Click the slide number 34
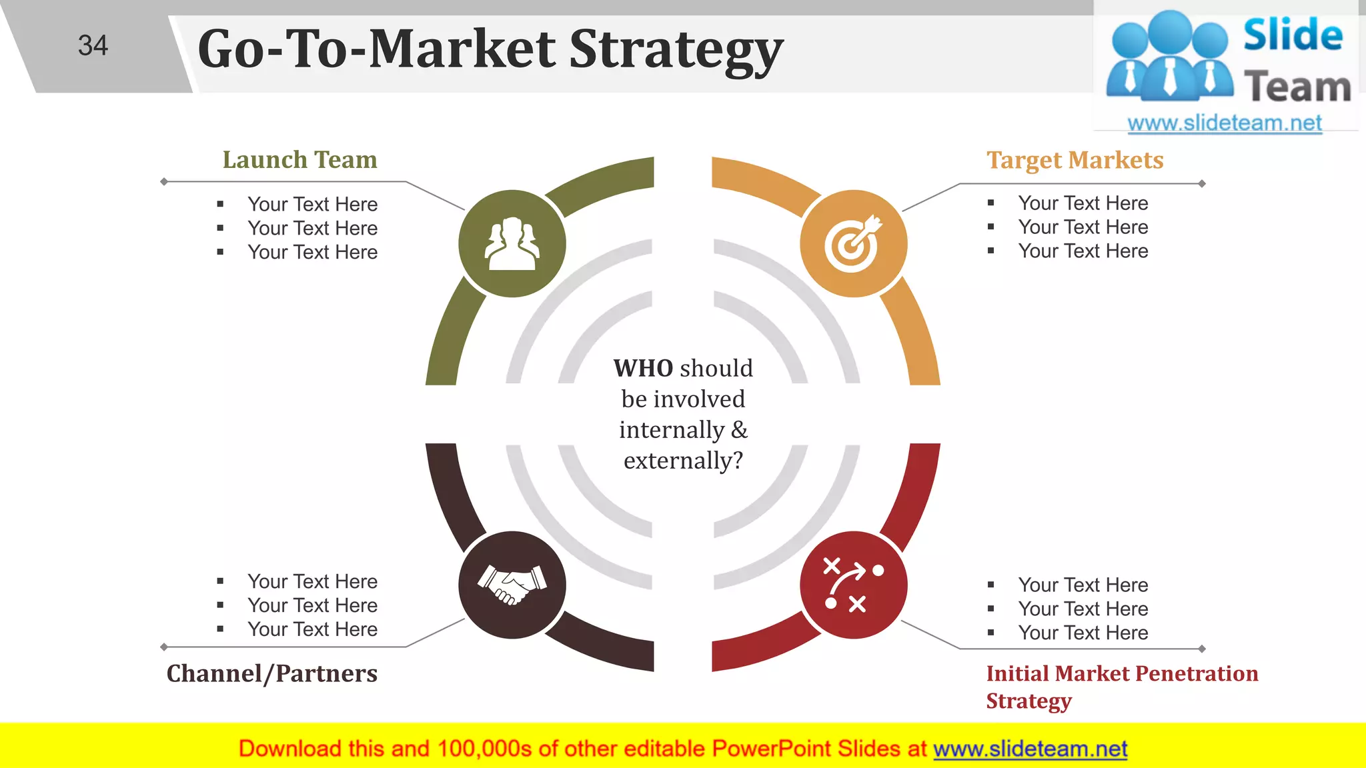click(93, 45)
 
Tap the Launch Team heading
click(299, 160)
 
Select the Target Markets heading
click(1075, 160)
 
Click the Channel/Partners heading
click(271, 673)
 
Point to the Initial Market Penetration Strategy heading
click(1121, 674)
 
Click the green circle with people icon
click(512, 243)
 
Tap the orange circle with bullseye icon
click(853, 243)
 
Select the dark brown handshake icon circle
click(512, 585)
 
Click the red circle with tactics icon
click(853, 585)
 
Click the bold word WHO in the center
click(643, 368)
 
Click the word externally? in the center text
click(683, 461)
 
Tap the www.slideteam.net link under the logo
click(1224, 123)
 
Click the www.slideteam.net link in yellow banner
click(1030, 749)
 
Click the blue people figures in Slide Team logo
click(1169, 57)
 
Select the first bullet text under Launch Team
click(312, 204)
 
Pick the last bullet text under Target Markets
click(1083, 251)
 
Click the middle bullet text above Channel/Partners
click(312, 605)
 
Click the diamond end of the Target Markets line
click(1202, 183)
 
